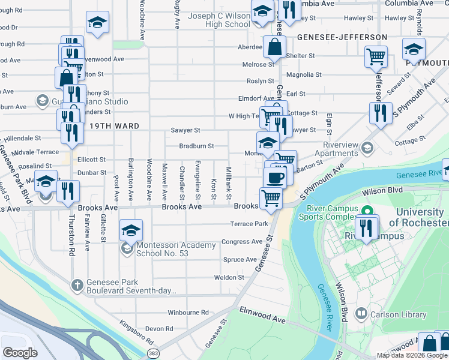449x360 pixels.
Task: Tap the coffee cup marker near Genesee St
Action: (x=276, y=178)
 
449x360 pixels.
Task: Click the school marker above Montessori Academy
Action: (x=130, y=230)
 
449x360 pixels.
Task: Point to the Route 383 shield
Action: (x=154, y=353)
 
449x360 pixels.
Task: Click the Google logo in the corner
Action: (x=20, y=353)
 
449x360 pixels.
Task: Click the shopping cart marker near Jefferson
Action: (x=376, y=57)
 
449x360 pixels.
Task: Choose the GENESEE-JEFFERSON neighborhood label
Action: (x=342, y=37)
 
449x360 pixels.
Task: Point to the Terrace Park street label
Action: (x=249, y=224)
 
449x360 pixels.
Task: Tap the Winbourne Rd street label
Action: (x=188, y=313)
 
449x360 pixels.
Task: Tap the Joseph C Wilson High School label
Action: (x=219, y=20)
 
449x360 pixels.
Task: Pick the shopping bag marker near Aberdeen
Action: (x=274, y=47)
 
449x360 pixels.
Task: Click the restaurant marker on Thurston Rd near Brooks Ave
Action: (x=68, y=191)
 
